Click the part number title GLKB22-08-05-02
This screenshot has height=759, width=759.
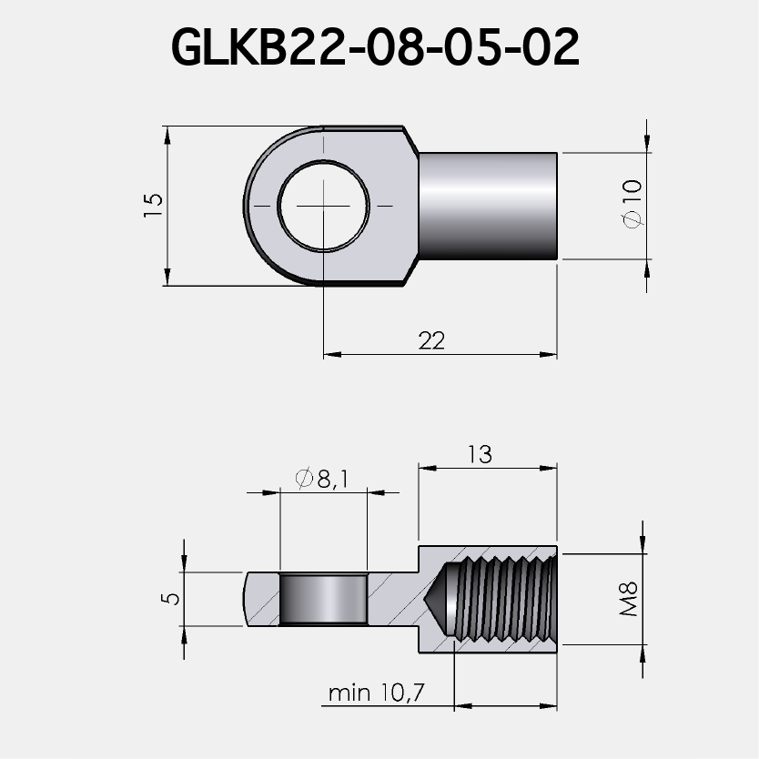coord(375,47)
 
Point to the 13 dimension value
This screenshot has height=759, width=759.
coord(479,454)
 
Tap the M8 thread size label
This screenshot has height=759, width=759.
coord(629,601)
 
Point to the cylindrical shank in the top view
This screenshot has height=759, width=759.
coord(487,206)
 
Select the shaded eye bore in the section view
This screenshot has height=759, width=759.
coord(323,599)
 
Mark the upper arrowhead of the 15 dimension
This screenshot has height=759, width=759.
coord(167,135)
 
